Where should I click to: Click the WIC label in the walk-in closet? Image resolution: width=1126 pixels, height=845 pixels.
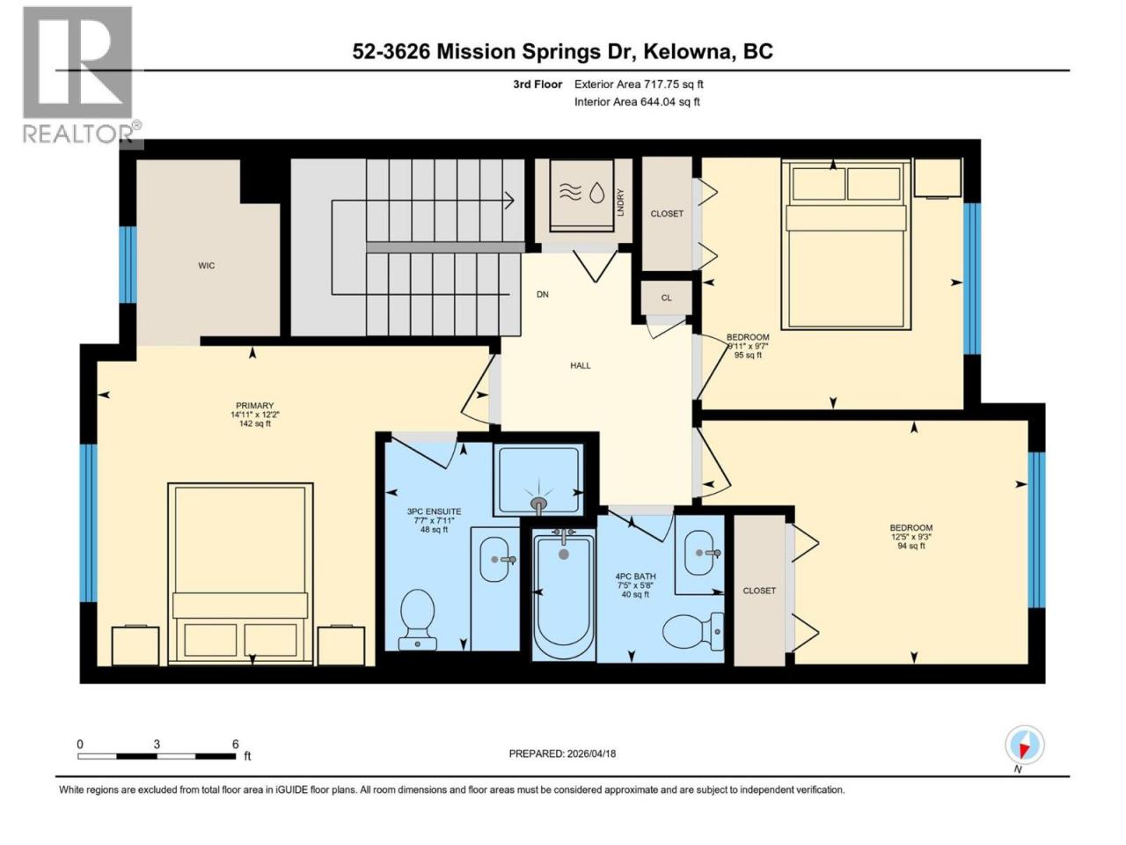tap(206, 265)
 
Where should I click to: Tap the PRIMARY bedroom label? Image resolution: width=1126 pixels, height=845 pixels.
tap(254, 405)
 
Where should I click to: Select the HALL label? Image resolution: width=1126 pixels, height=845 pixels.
tap(581, 366)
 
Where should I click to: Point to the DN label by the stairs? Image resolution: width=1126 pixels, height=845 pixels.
tap(542, 295)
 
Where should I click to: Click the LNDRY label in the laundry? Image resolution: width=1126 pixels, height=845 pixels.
tap(621, 202)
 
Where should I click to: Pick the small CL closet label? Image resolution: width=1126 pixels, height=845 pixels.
tap(666, 298)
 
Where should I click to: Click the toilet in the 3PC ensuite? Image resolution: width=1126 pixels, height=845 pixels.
tap(417, 620)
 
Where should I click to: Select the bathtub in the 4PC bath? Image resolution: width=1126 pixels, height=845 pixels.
tap(564, 595)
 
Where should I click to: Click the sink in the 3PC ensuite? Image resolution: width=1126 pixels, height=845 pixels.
tap(495, 559)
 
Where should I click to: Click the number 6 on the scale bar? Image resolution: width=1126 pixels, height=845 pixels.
tap(236, 744)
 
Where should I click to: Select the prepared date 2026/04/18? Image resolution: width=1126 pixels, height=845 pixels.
tap(591, 753)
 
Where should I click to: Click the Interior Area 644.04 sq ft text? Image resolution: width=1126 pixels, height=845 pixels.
tap(637, 101)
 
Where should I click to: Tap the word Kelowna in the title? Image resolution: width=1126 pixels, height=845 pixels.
tap(686, 52)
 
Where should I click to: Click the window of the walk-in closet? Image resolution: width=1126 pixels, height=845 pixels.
tap(128, 265)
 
